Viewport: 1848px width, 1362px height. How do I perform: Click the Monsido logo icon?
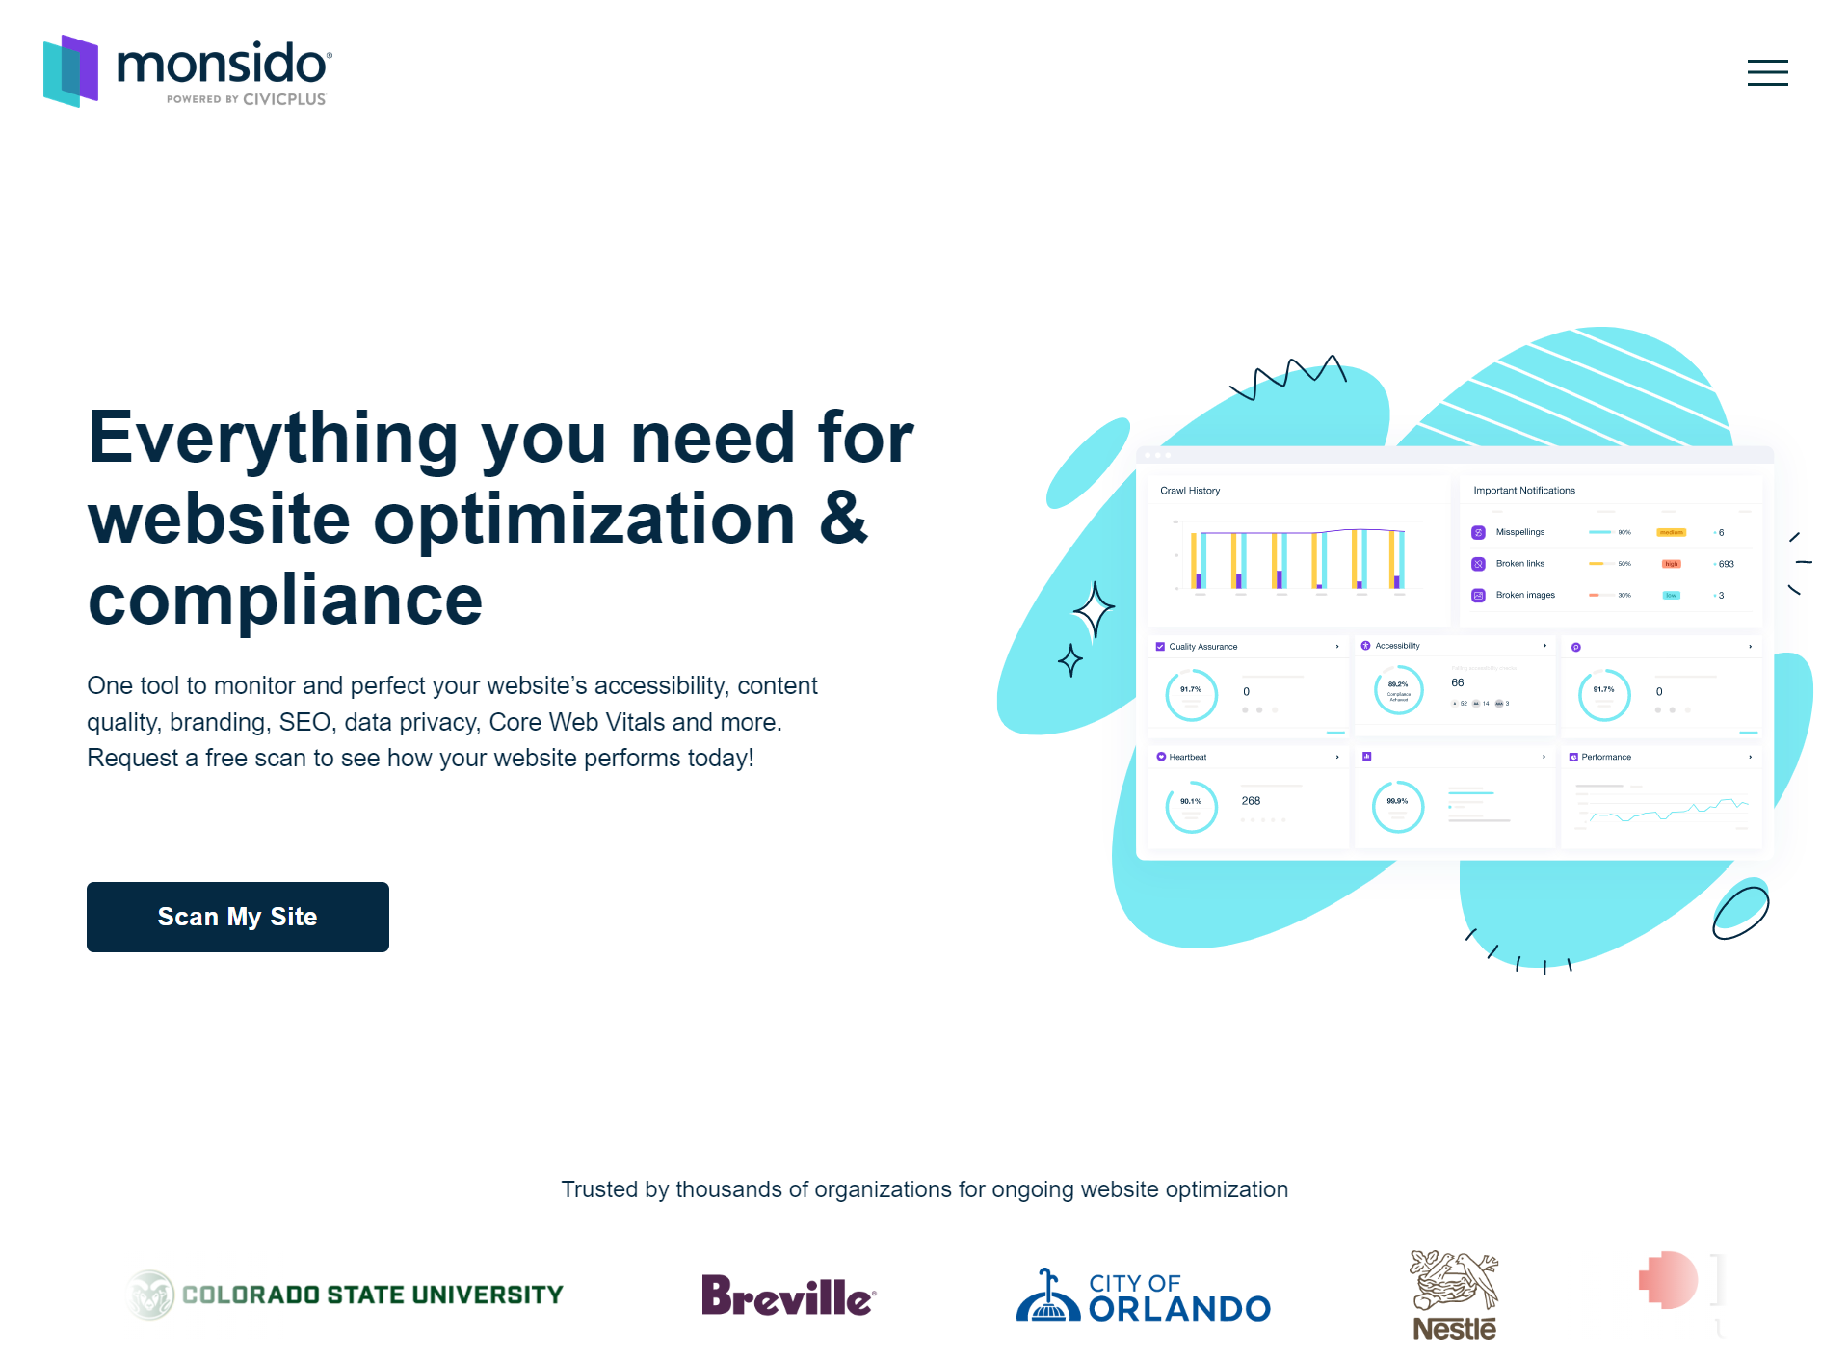(x=70, y=71)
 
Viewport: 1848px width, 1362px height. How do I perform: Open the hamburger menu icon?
(x=1766, y=72)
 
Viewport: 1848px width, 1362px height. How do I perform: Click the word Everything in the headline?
(x=273, y=438)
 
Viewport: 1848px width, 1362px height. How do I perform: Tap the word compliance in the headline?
(x=285, y=600)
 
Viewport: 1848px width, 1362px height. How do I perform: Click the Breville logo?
(x=788, y=1296)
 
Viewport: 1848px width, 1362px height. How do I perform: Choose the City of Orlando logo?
(x=1144, y=1296)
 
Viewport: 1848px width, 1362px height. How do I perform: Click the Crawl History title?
(x=1190, y=491)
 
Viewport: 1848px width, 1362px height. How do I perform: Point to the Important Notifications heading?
(x=1523, y=491)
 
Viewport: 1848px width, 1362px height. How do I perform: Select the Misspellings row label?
(x=1519, y=532)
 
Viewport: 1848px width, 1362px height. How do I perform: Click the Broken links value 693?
(x=1726, y=564)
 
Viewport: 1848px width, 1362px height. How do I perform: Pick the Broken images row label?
(x=1524, y=595)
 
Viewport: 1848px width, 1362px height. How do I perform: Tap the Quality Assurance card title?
(x=1202, y=647)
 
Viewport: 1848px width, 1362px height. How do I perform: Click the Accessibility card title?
(x=1397, y=646)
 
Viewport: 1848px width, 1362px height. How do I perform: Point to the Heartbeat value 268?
(x=1251, y=801)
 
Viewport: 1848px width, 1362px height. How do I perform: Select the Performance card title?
(x=1605, y=757)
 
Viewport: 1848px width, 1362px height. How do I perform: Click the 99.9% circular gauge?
(x=1397, y=806)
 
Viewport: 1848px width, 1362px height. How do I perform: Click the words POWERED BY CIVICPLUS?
(x=246, y=99)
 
